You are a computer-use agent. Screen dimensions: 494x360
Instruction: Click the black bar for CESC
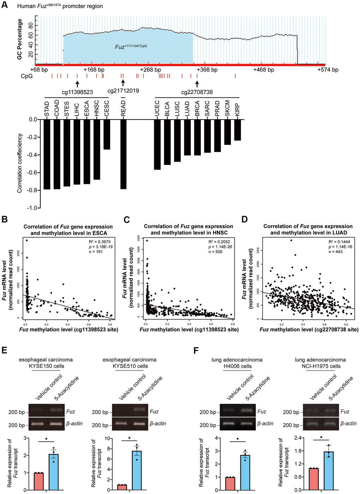(x=107, y=134)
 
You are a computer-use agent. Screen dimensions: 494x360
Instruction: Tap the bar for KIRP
(x=238, y=130)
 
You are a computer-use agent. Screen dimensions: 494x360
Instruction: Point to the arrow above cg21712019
(x=123, y=82)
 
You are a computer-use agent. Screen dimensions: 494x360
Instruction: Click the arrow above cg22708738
(x=197, y=84)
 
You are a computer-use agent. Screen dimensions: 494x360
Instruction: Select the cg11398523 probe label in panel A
(x=77, y=92)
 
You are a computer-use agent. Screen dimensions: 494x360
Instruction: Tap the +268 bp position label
(x=151, y=70)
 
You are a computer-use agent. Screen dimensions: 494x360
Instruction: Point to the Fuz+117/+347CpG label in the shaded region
(x=131, y=47)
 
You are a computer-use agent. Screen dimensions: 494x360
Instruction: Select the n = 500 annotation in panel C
(x=215, y=252)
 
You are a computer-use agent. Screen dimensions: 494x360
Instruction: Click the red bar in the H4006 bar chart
(x=230, y=483)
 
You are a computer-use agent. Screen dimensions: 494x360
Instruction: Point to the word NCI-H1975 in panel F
(x=321, y=366)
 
